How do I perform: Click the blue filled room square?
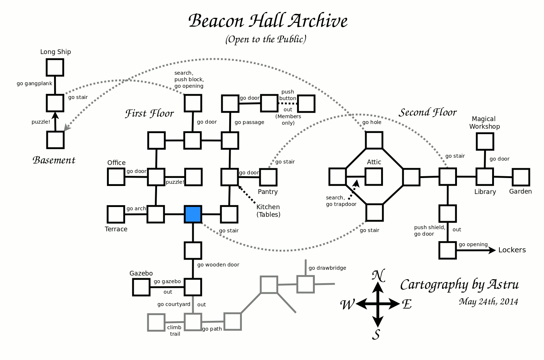(x=193, y=214)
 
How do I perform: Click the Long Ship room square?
(x=55, y=67)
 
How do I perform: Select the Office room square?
(x=116, y=177)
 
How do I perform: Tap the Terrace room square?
(x=116, y=214)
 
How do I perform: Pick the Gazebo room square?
(x=141, y=287)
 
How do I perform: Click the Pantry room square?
(x=268, y=177)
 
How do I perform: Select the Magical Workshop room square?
(x=485, y=141)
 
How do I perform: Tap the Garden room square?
(x=521, y=177)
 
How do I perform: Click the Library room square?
(x=485, y=177)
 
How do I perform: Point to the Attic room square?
(x=374, y=177)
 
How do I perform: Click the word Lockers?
(x=512, y=250)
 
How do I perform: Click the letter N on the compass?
(x=378, y=276)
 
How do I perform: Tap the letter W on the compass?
(x=347, y=305)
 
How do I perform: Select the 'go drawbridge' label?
(x=327, y=268)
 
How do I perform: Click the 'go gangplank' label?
(x=34, y=84)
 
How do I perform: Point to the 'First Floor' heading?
(x=149, y=114)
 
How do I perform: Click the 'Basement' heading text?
(x=54, y=160)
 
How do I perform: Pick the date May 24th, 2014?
(x=488, y=302)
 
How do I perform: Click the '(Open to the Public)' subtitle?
(x=266, y=39)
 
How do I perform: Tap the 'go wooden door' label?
(x=218, y=265)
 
